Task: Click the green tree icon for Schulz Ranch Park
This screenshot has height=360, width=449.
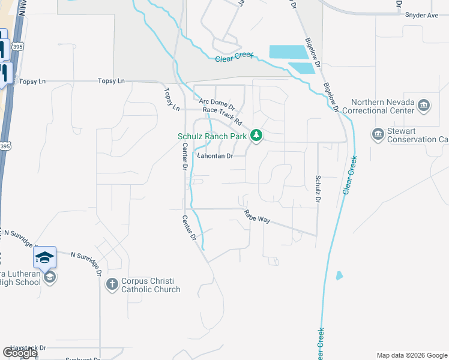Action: click(256, 136)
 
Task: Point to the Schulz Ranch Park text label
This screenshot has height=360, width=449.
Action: click(212, 136)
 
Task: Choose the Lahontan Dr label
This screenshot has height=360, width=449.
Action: click(214, 156)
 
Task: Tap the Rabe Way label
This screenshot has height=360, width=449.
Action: click(257, 217)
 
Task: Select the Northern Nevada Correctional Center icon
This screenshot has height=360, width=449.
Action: click(424, 106)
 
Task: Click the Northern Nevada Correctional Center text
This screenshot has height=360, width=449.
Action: click(382, 106)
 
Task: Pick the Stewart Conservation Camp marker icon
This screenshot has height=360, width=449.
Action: click(378, 134)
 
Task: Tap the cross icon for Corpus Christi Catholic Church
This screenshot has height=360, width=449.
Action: click(112, 284)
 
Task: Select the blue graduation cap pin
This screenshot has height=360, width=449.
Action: click(45, 257)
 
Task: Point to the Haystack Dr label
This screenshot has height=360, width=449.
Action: click(25, 347)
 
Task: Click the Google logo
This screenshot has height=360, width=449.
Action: click(20, 353)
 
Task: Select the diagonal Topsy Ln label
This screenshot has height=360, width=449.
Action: click(172, 100)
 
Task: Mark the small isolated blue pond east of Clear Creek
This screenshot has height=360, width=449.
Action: click(339, 276)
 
